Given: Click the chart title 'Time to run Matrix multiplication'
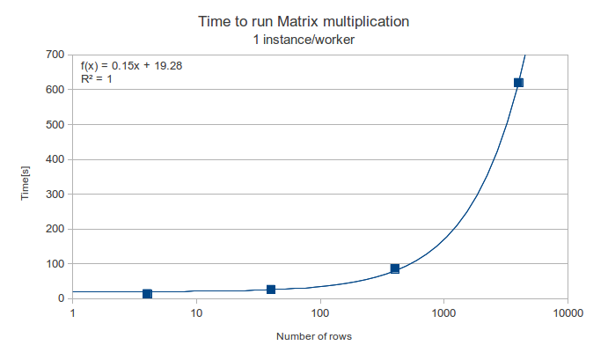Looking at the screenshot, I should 304,20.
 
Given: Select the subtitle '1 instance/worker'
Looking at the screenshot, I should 304,39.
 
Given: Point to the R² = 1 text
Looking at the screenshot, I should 97,79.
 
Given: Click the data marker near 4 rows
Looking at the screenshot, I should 147,294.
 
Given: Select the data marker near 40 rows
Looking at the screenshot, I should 271,290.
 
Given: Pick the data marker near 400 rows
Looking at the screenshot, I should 395,268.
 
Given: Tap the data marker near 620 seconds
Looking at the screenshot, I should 518,83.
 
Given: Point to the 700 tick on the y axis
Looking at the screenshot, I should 55,55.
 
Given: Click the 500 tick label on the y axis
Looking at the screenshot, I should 55,124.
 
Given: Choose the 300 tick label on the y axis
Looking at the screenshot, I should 55,194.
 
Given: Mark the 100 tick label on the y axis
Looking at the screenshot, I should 55,263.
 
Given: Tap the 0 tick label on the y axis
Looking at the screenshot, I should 61,298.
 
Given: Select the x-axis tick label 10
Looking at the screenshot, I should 196,313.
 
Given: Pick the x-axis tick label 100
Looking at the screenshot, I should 320,313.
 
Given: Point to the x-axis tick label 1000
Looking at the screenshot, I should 444,313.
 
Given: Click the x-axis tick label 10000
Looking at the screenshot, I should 568,313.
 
